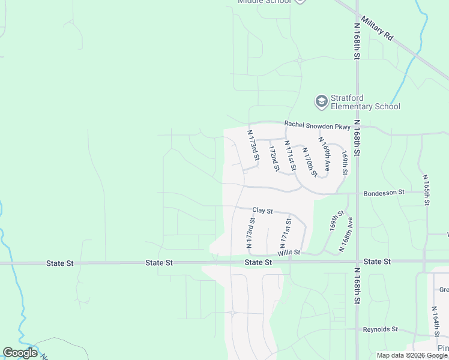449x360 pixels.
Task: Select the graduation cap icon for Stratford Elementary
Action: pyautogui.click(x=322, y=102)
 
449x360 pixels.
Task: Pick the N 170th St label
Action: pyautogui.click(x=309, y=161)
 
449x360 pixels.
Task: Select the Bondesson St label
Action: pyautogui.click(x=384, y=193)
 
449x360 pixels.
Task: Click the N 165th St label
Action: pyautogui.click(x=426, y=190)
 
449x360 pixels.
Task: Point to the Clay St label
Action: pyautogui.click(x=262, y=211)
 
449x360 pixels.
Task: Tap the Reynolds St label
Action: pyautogui.click(x=381, y=329)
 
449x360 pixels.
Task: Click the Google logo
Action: pyautogui.click(x=20, y=353)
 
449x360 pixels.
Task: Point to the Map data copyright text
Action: pyautogui.click(x=412, y=355)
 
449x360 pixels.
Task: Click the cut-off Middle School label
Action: pyautogui.click(x=264, y=2)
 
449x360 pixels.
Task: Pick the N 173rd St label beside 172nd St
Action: pyautogui.click(x=253, y=145)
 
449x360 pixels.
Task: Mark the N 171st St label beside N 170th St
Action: pyautogui.click(x=291, y=155)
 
